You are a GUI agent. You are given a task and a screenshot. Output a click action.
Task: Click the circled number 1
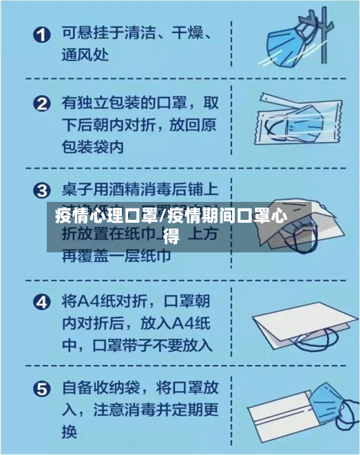point(43,34)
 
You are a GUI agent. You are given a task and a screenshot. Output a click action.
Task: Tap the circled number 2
point(43,103)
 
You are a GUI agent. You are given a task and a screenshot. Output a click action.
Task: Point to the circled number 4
point(43,301)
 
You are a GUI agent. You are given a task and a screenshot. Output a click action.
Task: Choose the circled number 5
point(43,390)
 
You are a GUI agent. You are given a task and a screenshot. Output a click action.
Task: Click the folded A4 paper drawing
point(295,324)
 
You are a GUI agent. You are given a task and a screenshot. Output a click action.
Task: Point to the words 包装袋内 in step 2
point(92,146)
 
